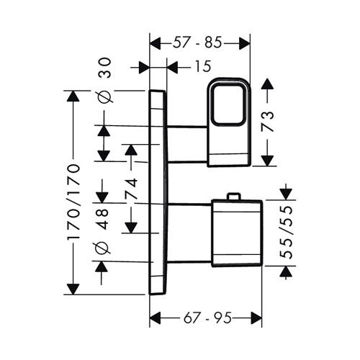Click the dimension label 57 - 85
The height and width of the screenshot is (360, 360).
point(197,43)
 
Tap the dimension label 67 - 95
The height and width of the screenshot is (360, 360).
point(207,318)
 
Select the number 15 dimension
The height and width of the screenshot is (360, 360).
point(203,66)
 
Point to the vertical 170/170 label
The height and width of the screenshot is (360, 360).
point(73,202)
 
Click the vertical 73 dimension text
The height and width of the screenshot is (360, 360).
point(267,121)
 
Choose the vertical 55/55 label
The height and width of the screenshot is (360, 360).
point(287,232)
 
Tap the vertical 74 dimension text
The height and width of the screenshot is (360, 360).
point(131,189)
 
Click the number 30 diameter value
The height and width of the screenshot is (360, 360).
point(105,68)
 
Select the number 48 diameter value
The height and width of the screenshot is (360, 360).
point(103,220)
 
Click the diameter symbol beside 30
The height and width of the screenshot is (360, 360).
point(105,96)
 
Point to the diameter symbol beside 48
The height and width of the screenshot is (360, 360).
point(103,247)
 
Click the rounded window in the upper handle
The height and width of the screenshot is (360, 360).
point(228,104)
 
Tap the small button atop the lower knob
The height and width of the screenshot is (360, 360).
point(233,196)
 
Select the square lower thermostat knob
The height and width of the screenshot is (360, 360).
point(236,233)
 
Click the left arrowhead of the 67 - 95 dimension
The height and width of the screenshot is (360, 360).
point(155,318)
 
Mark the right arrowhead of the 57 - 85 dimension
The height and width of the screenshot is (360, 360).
point(245,43)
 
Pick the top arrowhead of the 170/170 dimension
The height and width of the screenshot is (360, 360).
point(73,97)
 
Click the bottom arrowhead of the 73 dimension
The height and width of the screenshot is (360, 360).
point(267,161)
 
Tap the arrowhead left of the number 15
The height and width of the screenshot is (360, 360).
point(144,66)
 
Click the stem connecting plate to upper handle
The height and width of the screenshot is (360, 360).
point(187,144)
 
